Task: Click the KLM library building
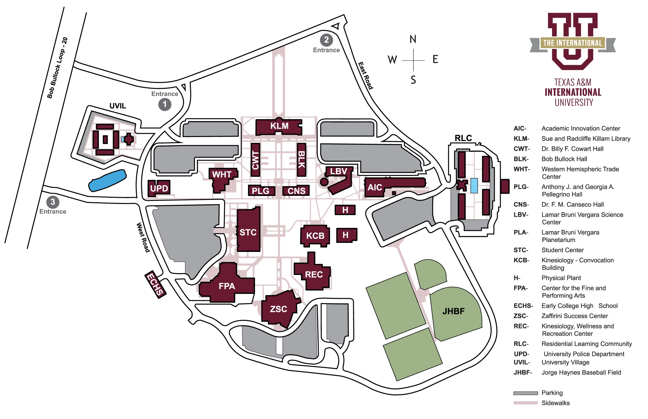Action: [x=279, y=127]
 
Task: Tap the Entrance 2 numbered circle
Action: [x=326, y=40]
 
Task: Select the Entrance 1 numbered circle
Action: [x=165, y=104]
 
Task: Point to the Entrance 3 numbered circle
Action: [x=53, y=202]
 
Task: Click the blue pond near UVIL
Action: [x=107, y=180]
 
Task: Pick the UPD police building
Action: [x=159, y=188]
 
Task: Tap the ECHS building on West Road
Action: [x=155, y=284]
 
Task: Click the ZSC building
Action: [x=279, y=309]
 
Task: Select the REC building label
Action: [x=314, y=275]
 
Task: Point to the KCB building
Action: [x=315, y=236]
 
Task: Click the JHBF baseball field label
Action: [x=453, y=311]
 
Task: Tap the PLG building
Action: [x=261, y=191]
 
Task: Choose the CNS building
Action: [x=296, y=191]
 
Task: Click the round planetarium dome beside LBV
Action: [x=324, y=182]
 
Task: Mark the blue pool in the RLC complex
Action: [x=474, y=186]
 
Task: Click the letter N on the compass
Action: [x=413, y=39]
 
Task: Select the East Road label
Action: [x=365, y=76]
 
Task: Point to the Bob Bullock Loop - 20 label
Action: [x=57, y=68]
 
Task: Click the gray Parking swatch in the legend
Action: [x=525, y=393]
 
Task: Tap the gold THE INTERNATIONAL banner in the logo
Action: [x=572, y=43]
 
